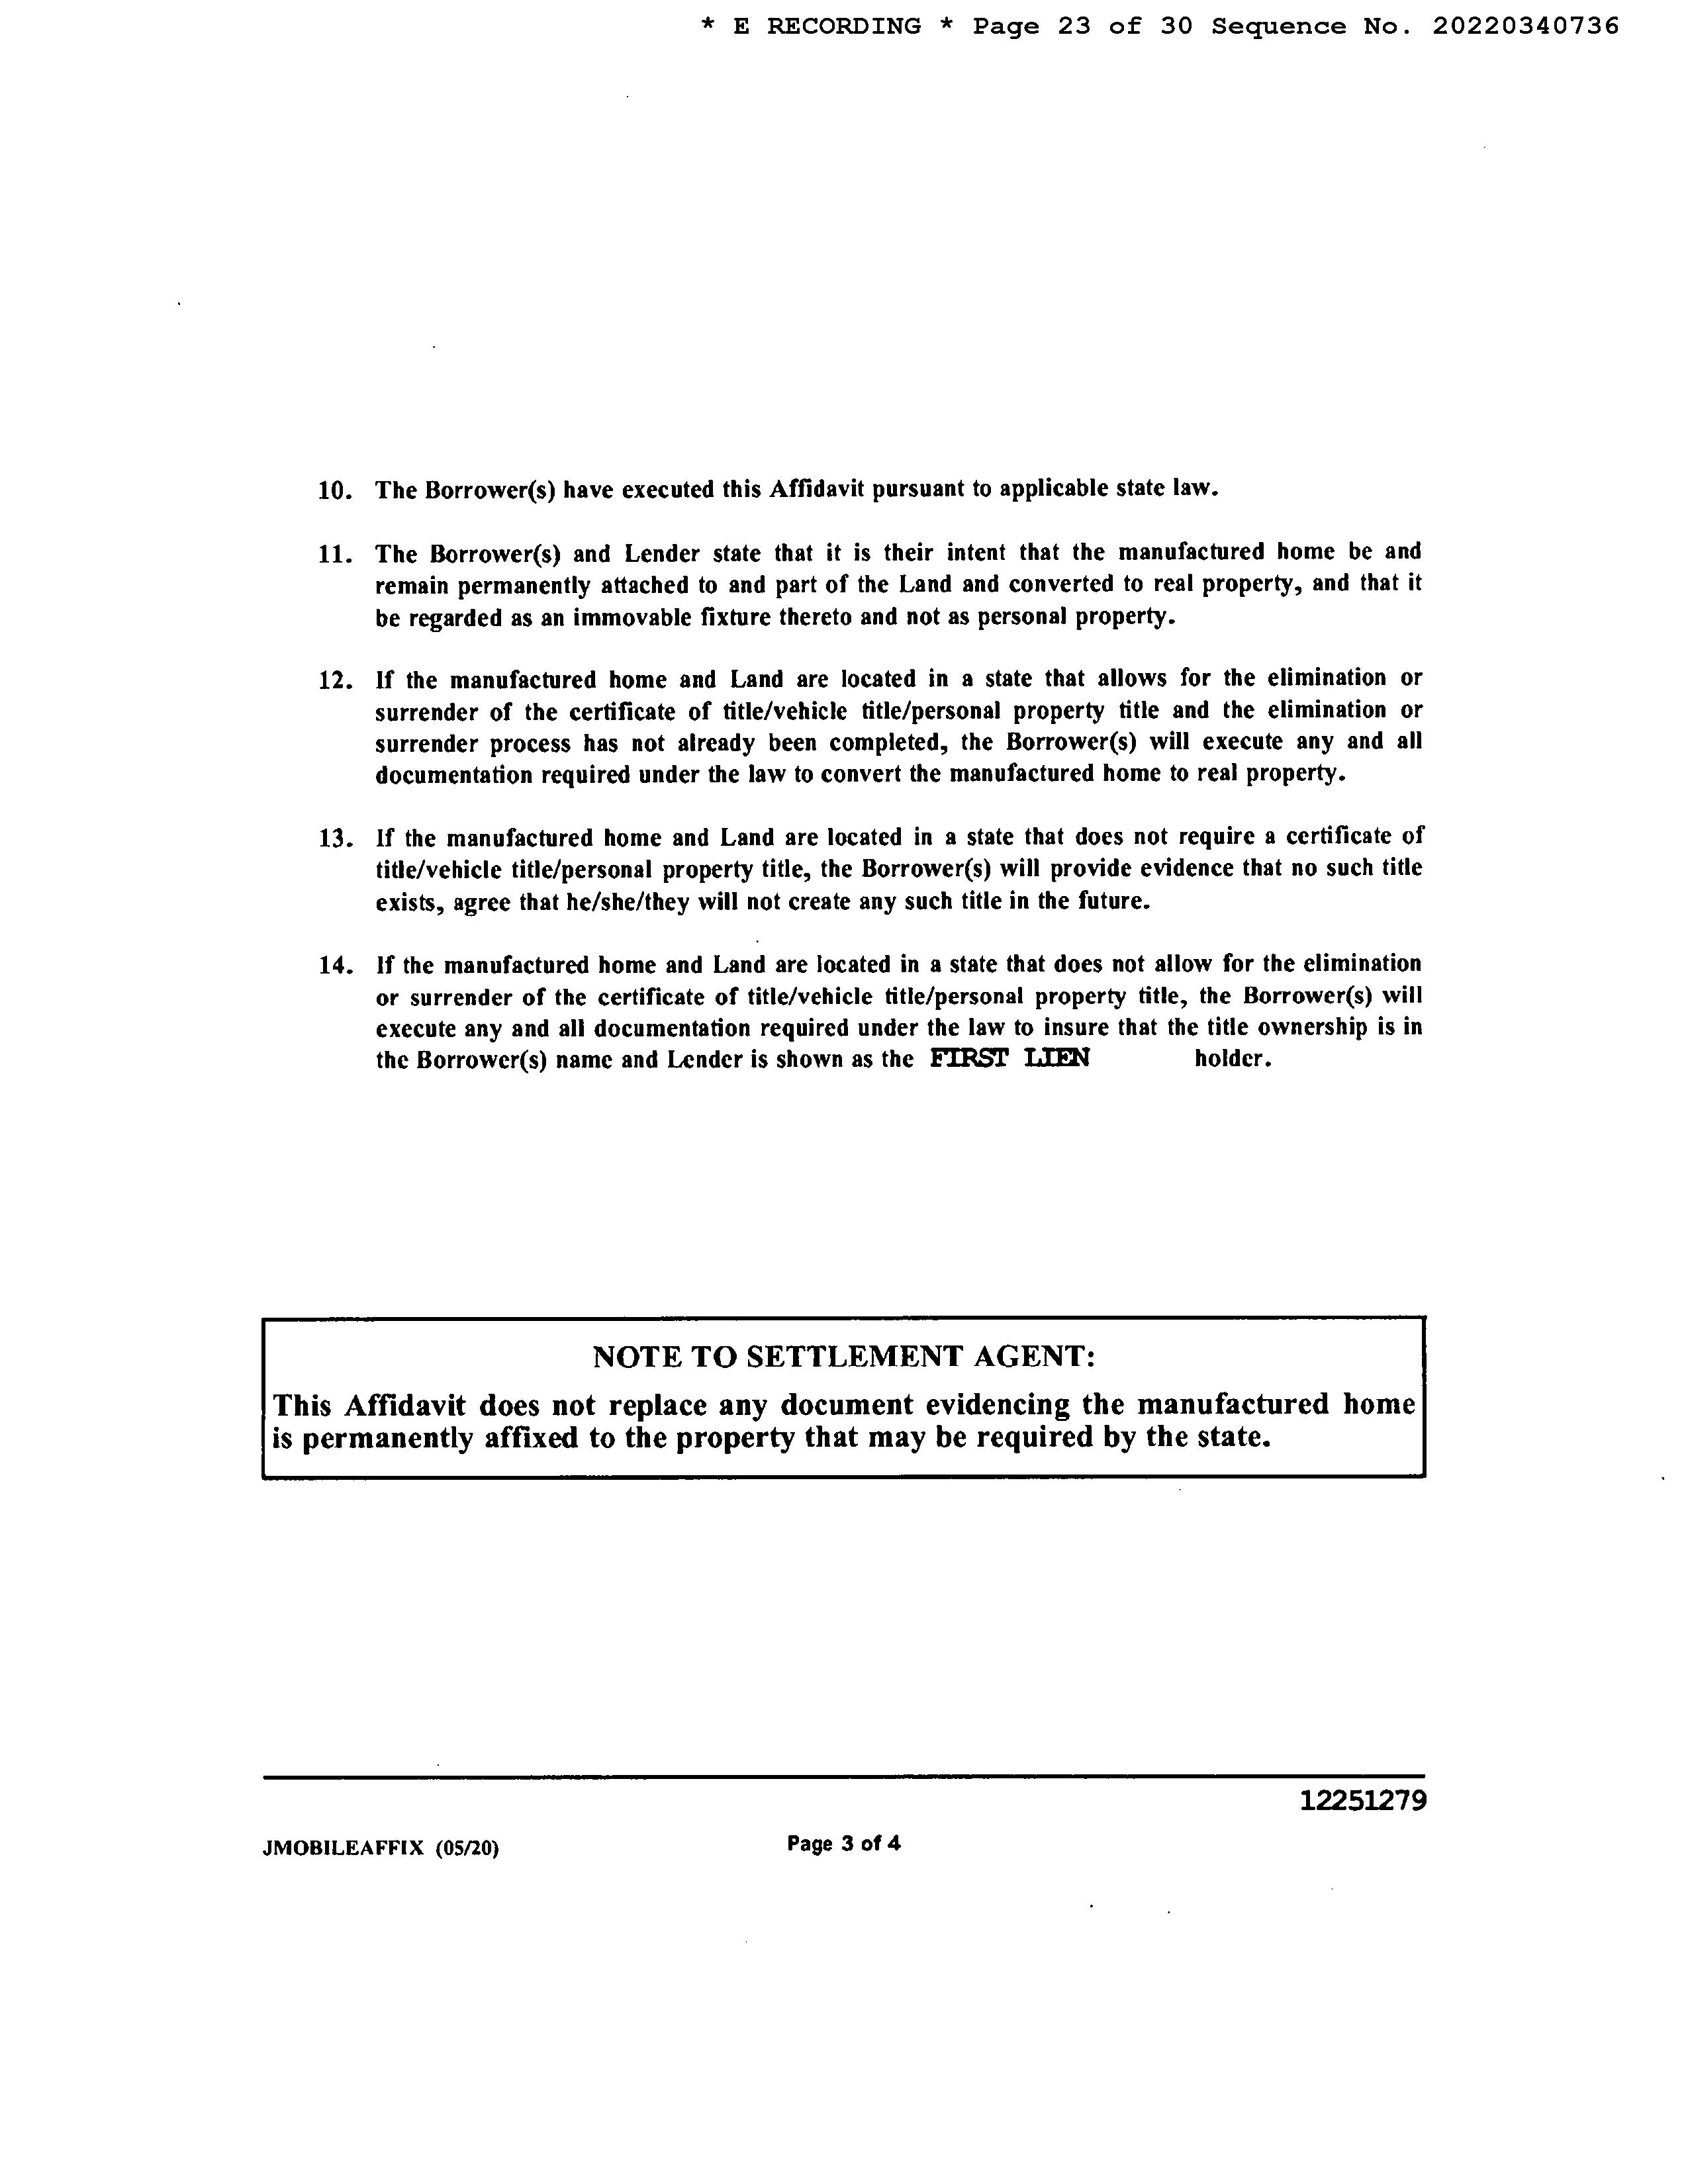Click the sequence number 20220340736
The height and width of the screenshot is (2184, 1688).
tap(1525, 27)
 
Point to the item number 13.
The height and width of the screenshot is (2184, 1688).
tap(335, 838)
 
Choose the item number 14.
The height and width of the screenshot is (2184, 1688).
tap(335, 966)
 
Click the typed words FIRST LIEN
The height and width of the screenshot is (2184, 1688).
tap(1009, 1058)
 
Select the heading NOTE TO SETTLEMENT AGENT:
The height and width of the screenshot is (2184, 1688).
tap(844, 1357)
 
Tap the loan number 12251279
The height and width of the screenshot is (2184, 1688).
tap(1363, 1801)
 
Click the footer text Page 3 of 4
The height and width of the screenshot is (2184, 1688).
tap(843, 1843)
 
